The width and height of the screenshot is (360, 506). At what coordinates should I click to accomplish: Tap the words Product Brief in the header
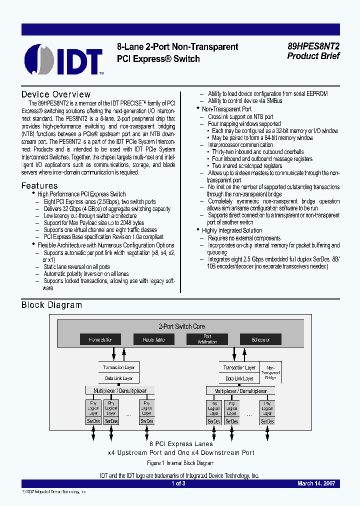pyautogui.click(x=313, y=56)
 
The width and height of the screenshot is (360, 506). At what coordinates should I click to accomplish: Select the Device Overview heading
pyautogui.click(x=56, y=94)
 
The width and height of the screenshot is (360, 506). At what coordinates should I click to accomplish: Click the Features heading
pyautogui.click(x=39, y=186)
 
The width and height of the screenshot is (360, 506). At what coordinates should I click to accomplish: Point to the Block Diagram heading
pyautogui.click(x=51, y=305)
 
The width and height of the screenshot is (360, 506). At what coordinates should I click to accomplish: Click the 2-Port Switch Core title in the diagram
pyautogui.click(x=182, y=326)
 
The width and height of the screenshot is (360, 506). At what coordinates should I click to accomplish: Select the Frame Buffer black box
pyautogui.click(x=100, y=339)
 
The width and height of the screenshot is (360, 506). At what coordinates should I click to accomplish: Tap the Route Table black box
pyautogui.click(x=154, y=339)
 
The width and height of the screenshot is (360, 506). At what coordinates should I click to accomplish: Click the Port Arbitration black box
pyautogui.click(x=207, y=339)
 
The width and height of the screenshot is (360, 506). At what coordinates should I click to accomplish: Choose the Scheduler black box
pyautogui.click(x=260, y=339)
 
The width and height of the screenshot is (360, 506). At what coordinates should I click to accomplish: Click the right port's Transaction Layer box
pyautogui.click(x=239, y=367)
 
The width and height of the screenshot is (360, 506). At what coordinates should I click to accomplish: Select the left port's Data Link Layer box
pyautogui.click(x=118, y=379)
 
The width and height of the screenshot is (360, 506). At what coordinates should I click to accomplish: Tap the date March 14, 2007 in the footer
pyautogui.click(x=315, y=483)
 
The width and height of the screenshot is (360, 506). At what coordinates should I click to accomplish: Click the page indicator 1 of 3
pyautogui.click(x=178, y=483)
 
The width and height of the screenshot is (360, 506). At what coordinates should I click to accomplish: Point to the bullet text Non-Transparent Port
pyautogui.click(x=226, y=109)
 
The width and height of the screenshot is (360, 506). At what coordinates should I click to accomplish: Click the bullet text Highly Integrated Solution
pyautogui.click(x=231, y=230)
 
